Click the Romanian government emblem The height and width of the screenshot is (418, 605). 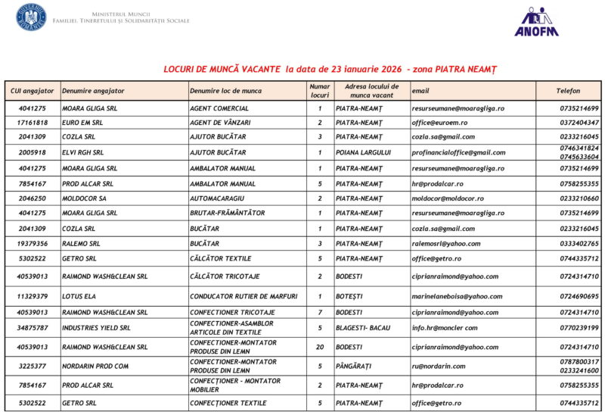[x=31, y=17]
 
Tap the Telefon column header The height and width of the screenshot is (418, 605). [x=568, y=91]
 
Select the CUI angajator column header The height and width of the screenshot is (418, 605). [x=33, y=91]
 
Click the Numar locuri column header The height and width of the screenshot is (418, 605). [x=320, y=91]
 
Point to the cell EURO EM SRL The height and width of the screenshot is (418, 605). [x=82, y=123]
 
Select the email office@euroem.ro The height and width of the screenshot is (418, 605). [x=439, y=123]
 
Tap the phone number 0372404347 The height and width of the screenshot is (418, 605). [x=579, y=123]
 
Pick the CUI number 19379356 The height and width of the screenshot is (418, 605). [x=33, y=244]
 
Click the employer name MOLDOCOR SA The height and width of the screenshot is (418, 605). [x=84, y=198]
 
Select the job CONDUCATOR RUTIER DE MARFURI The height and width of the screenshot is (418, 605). [x=244, y=297]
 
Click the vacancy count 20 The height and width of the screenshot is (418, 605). [x=320, y=348]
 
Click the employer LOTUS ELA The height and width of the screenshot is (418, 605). [x=81, y=297]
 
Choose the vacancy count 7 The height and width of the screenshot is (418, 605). [x=320, y=312]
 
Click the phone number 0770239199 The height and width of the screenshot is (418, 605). [x=579, y=329]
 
